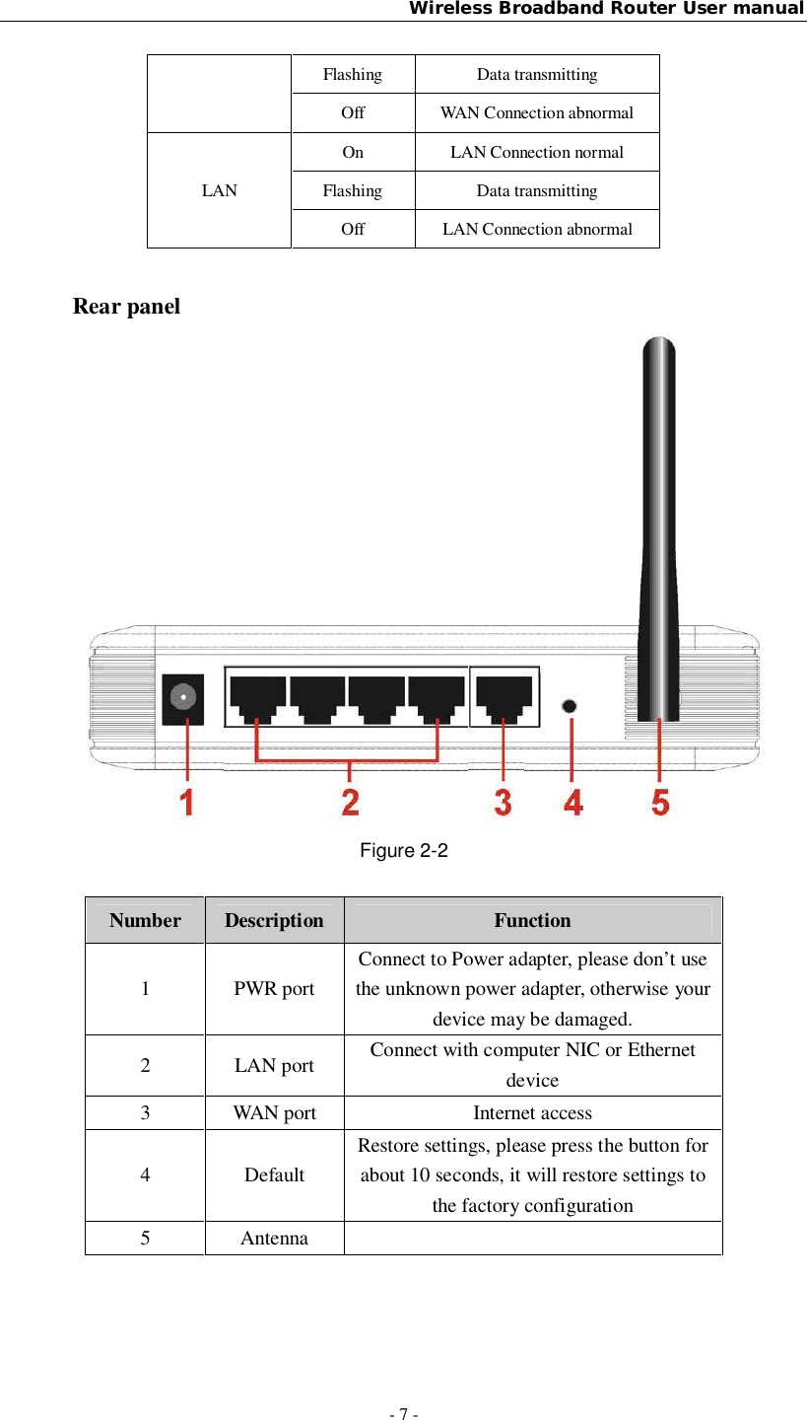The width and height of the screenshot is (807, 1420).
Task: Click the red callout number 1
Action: coord(187,800)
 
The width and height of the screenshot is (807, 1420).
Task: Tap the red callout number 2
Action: coord(350,800)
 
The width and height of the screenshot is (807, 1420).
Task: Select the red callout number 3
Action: coord(503,800)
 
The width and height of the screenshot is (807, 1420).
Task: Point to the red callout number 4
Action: coord(573,800)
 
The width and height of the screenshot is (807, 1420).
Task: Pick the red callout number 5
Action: coord(660,800)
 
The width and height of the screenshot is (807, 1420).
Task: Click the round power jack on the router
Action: coord(182,699)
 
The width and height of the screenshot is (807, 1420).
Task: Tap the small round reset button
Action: coord(570,706)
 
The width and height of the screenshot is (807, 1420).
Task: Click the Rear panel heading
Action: coord(127,307)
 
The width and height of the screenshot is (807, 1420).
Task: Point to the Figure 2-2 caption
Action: coord(403,850)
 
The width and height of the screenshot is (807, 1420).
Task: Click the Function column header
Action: coord(532,920)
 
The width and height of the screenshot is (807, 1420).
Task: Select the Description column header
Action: coord(274,920)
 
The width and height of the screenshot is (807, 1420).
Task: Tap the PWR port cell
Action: coord(274,988)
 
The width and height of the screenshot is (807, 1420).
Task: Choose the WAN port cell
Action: coord(274,1113)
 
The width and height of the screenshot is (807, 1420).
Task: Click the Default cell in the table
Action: coord(274,1174)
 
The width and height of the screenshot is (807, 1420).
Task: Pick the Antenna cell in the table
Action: coord(274,1238)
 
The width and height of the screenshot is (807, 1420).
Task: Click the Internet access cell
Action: coord(532,1113)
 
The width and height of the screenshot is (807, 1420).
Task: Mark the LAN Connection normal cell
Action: coord(536,152)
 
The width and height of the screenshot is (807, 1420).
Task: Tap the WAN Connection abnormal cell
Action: coord(536,112)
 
